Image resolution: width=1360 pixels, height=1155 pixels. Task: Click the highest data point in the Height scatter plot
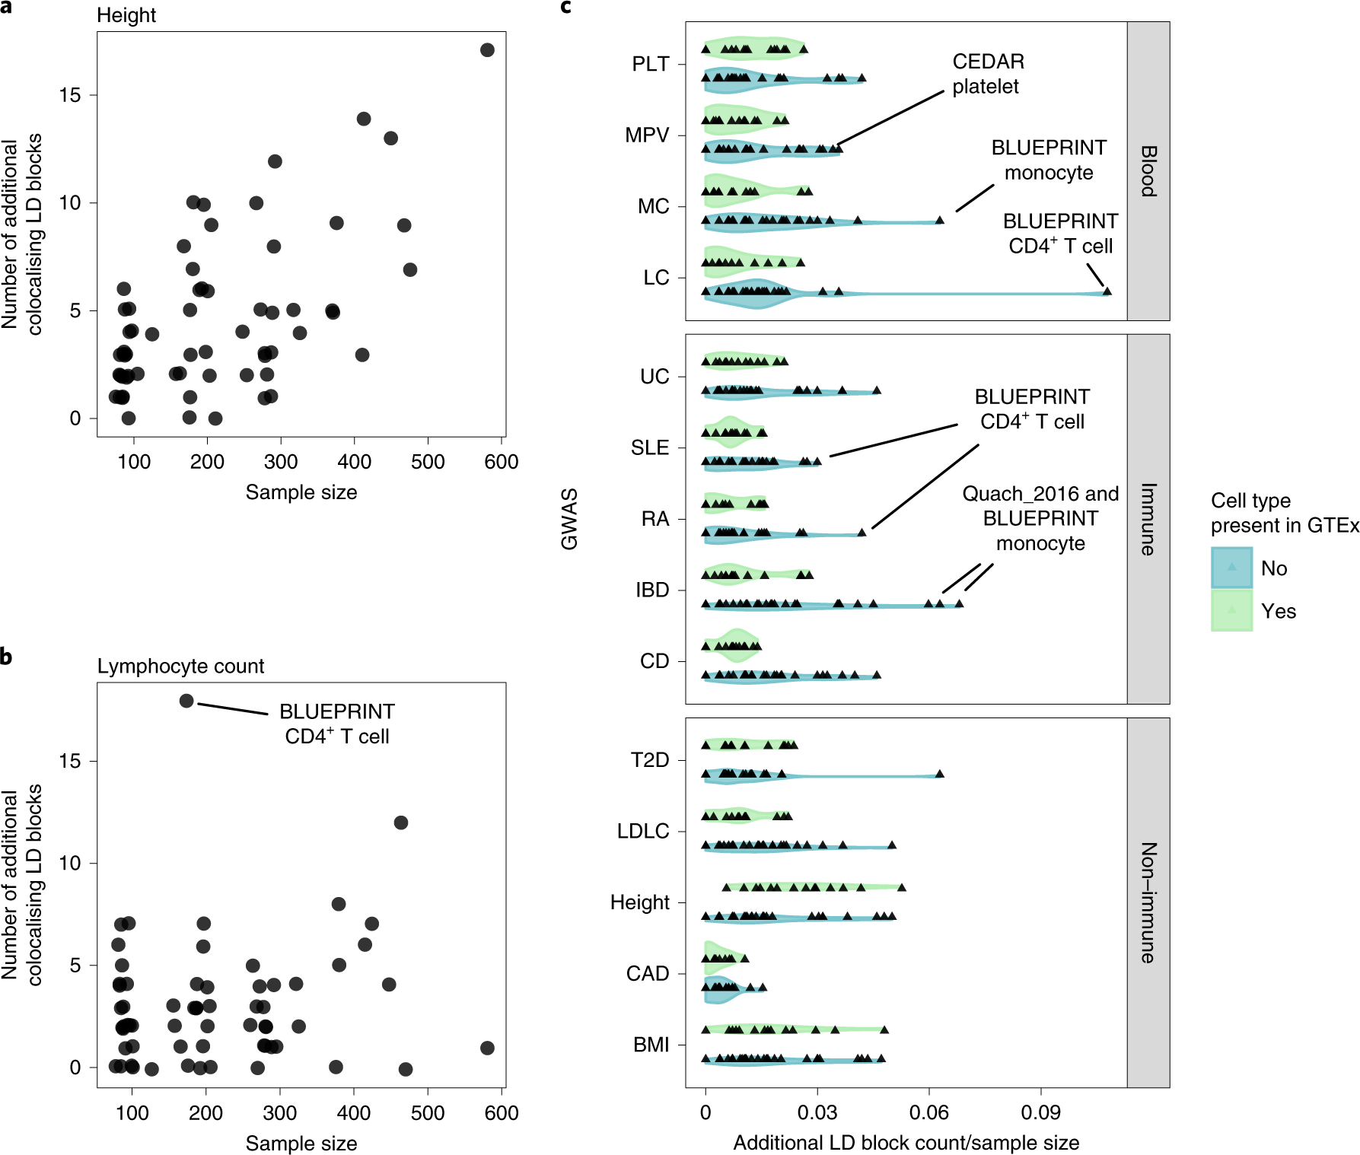coord(487,50)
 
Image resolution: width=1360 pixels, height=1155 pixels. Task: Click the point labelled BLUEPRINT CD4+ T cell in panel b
coord(186,701)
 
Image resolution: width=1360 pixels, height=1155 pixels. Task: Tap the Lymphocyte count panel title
coord(180,666)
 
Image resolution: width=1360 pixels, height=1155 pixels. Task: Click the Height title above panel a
coord(126,15)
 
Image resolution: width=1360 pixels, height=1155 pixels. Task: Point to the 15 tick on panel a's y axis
coord(70,95)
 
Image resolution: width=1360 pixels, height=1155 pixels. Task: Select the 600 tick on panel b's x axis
coord(501,1112)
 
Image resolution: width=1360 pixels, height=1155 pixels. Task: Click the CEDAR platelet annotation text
coord(987,74)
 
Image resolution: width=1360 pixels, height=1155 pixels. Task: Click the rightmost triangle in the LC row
coord(1107,291)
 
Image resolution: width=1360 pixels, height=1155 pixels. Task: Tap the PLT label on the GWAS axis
coord(650,64)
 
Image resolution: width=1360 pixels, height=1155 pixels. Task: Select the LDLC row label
coord(642,831)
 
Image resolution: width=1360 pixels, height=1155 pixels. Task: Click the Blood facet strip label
coord(1148,171)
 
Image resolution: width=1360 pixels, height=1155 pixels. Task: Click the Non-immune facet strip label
coord(1148,902)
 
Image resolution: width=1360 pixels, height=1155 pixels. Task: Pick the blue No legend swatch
coord(1231,568)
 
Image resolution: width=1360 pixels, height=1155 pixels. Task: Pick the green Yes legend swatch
coord(1231,610)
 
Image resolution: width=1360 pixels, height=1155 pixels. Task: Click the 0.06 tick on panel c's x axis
coord(928,1112)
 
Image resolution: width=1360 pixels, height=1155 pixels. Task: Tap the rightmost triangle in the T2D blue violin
coord(940,774)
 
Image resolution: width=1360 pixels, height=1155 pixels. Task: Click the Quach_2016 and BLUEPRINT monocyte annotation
coord(1040,518)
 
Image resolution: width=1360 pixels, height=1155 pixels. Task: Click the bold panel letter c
coord(565,8)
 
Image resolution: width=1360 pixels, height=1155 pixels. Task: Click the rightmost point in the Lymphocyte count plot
coord(487,1048)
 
